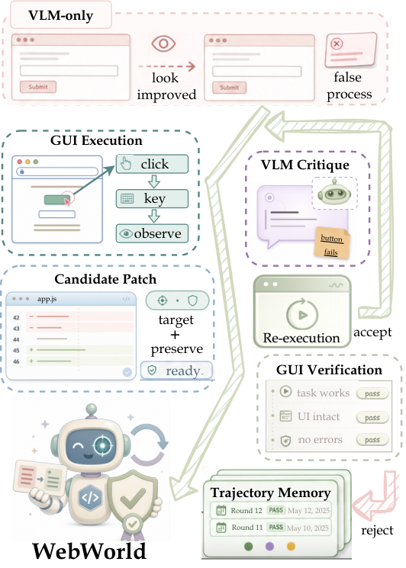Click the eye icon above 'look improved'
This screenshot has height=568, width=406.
[163, 43]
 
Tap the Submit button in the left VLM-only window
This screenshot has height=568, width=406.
[38, 87]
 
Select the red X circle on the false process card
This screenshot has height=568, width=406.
[337, 43]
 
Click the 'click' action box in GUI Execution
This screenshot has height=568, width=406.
[153, 164]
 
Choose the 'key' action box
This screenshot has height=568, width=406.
[153, 198]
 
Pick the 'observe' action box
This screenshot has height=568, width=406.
[153, 233]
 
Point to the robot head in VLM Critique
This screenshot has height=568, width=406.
[334, 194]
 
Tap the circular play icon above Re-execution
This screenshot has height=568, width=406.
[302, 315]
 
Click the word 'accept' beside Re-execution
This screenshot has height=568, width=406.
[372, 332]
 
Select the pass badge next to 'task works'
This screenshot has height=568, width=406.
[372, 393]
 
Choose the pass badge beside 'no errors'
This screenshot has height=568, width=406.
[372, 440]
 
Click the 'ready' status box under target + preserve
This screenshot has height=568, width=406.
[176, 371]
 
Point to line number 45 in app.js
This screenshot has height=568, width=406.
[16, 350]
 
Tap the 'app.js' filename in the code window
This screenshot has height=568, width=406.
[47, 299]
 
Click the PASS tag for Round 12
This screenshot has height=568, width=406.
[275, 510]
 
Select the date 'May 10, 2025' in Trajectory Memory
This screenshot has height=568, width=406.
[308, 528]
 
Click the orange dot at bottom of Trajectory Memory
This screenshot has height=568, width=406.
[291, 546]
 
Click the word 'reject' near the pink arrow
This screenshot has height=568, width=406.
[377, 531]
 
